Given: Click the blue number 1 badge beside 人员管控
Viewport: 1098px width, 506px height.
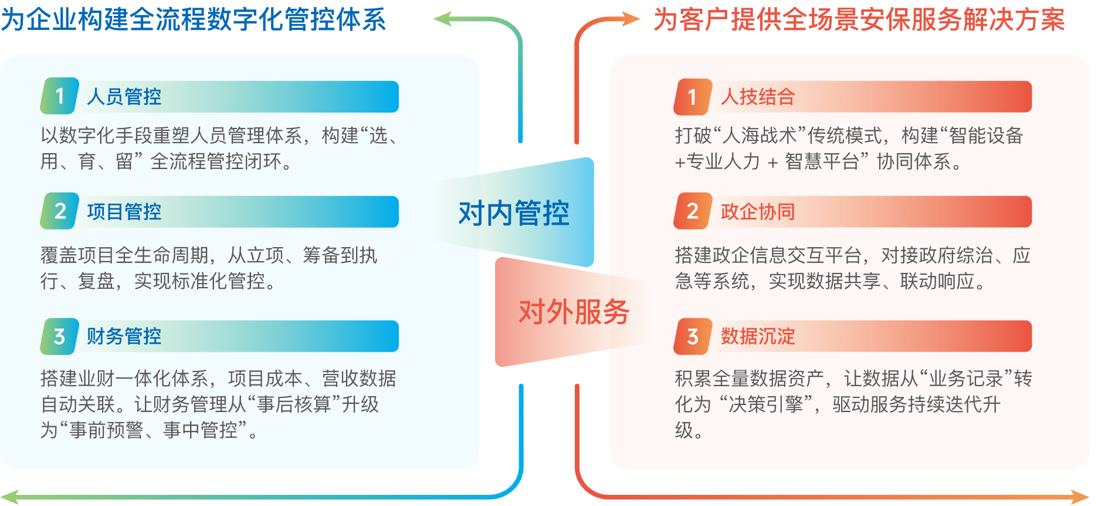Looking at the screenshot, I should click(59, 96).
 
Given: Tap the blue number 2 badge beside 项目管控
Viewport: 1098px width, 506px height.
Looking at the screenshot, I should click(59, 211).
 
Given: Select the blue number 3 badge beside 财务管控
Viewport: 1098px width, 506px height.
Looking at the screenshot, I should click(59, 336).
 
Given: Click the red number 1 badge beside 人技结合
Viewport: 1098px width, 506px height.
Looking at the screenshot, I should click(693, 96).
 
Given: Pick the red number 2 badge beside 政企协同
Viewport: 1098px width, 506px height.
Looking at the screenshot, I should click(693, 211).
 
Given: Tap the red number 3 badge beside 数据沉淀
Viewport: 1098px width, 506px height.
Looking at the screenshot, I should click(693, 336).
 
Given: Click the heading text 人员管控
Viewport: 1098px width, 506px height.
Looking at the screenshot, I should click(124, 97).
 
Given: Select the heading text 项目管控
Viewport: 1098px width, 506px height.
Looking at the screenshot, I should click(124, 212).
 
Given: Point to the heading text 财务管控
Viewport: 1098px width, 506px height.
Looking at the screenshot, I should click(124, 336).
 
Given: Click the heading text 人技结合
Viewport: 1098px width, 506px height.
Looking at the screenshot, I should click(758, 97).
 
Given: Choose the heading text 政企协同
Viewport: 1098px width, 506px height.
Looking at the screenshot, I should click(758, 212).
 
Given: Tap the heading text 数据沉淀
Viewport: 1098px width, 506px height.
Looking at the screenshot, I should click(758, 336).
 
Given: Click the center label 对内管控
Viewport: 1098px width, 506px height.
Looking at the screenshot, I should click(514, 213).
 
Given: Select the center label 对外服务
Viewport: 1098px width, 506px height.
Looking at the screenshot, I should click(574, 312).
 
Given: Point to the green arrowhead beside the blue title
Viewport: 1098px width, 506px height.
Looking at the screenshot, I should click(442, 19).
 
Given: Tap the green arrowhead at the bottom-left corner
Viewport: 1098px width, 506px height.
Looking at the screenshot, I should click(9, 497).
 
